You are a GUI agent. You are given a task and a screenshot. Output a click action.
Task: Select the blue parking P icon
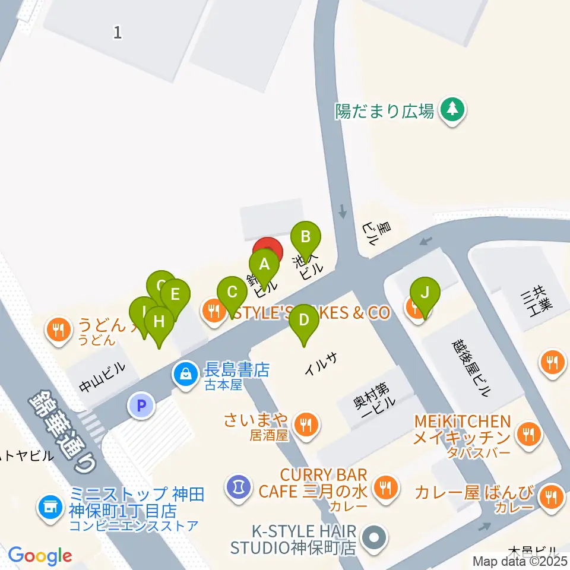141,406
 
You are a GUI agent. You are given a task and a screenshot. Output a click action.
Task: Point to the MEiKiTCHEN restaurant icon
527,434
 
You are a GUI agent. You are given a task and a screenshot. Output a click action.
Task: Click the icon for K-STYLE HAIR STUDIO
374,537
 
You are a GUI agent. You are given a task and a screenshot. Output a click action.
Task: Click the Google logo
40,556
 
